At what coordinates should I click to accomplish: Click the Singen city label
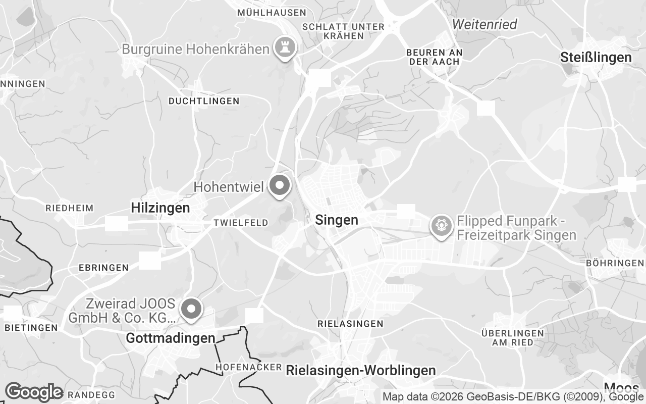pos(337,220)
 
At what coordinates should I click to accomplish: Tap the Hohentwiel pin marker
pos(279,186)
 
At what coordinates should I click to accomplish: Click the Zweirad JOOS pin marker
pos(191,309)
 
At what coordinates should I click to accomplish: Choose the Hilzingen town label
pos(160,208)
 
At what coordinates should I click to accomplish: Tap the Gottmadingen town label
pos(170,338)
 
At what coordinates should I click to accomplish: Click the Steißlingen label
pos(596,58)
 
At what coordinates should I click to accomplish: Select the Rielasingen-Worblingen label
pos(360,370)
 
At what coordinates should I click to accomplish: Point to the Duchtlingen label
pos(204,101)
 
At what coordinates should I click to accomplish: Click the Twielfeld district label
pos(241,223)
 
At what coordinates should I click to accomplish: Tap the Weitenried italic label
pos(485,24)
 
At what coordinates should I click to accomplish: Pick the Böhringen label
pos(615,263)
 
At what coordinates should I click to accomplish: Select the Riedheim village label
pos(70,208)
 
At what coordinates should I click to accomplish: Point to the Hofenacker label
pos(248,367)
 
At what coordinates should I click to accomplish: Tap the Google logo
pos(34,392)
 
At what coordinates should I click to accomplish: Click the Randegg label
pos(91,394)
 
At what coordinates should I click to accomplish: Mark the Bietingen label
pos(31,328)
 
